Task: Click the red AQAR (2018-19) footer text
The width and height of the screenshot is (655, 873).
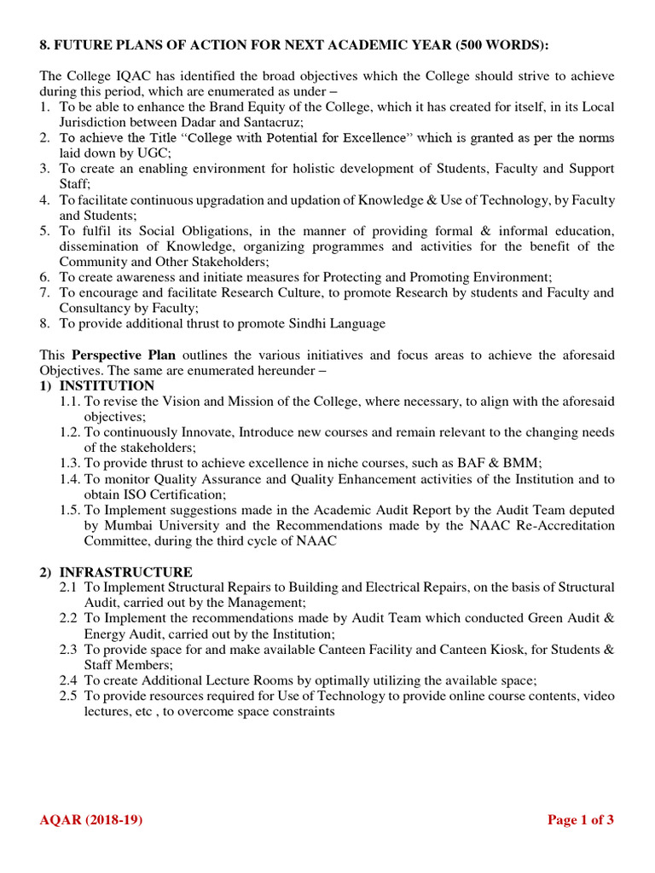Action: [x=91, y=820]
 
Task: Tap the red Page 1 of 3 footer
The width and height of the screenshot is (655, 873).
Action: [x=580, y=820]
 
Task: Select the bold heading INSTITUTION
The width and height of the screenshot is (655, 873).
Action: [x=107, y=386]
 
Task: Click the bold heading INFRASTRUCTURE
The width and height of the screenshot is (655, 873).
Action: [x=126, y=572]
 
